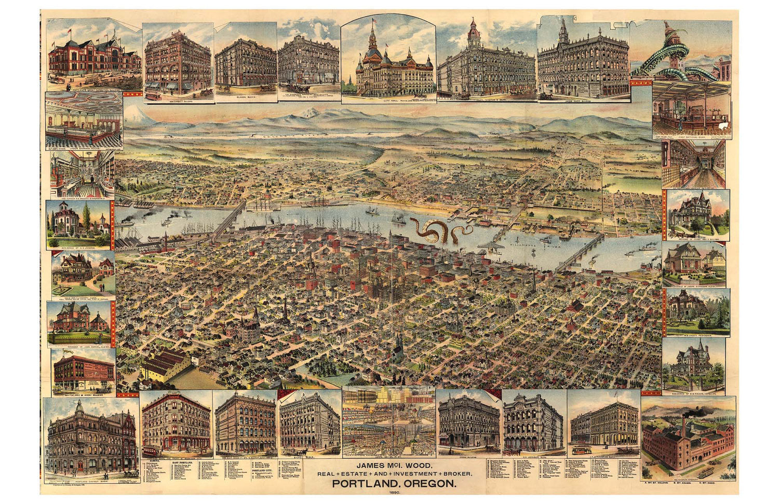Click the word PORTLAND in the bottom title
[362, 484]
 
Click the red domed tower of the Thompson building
[474, 34]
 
